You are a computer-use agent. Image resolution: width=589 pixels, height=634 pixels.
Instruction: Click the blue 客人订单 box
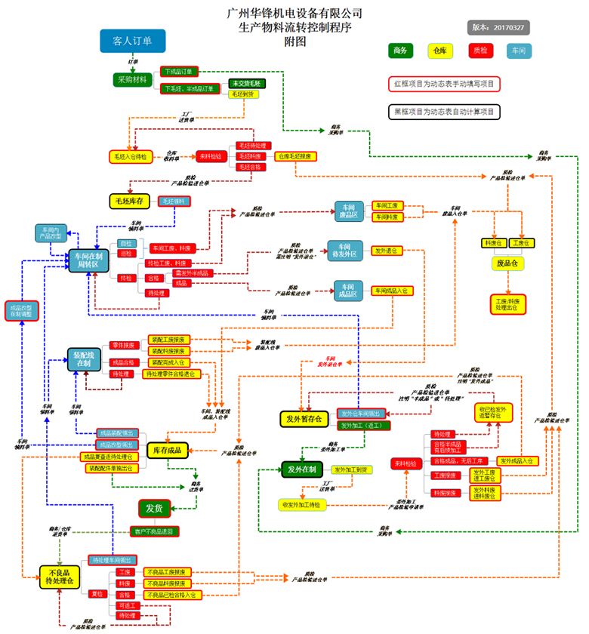tap(132, 41)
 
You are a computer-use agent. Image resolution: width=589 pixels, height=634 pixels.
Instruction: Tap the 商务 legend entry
tap(401, 51)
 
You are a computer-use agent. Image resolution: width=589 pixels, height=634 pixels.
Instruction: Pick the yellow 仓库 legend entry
tap(439, 51)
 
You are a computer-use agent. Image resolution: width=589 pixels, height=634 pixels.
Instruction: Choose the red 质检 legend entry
tap(478, 51)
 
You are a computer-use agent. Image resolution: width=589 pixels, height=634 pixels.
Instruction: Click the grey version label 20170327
tap(499, 26)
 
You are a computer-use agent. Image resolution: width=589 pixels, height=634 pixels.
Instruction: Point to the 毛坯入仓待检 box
tap(130, 156)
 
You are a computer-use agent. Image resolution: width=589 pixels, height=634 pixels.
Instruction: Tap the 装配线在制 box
tap(82, 359)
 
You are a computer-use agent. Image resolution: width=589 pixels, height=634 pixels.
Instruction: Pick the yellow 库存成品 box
tap(167, 451)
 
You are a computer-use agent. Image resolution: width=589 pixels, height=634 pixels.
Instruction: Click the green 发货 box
tap(154, 508)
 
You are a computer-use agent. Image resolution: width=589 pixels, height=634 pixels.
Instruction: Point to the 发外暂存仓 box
tap(304, 418)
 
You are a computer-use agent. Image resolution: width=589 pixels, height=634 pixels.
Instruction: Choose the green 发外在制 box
tap(302, 470)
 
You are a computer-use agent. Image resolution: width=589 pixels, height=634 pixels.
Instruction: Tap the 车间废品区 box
tap(350, 211)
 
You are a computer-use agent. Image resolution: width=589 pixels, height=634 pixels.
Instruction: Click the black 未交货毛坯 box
tap(245, 83)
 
